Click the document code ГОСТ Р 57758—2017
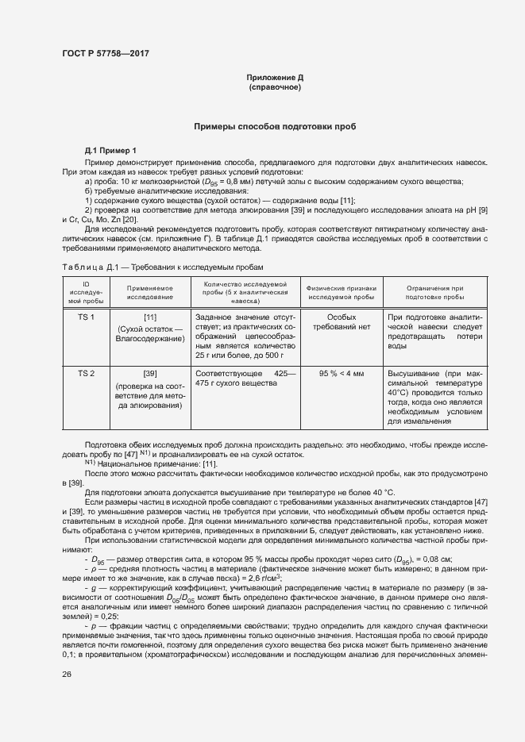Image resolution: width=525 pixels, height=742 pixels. point(105,53)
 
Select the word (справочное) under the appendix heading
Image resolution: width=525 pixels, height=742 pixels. point(275,87)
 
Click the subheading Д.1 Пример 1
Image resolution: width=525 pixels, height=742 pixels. point(110,151)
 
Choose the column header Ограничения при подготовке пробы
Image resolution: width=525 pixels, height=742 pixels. point(434,290)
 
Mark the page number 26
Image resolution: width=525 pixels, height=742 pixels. point(67,675)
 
